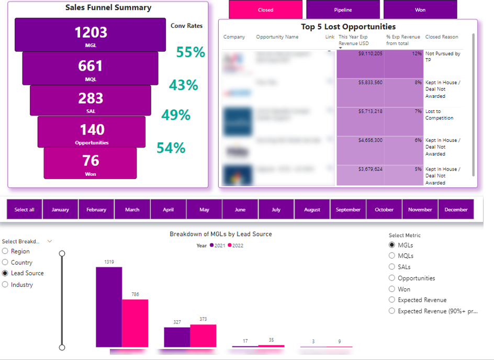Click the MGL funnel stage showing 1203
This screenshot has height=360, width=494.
pyautogui.click(x=91, y=35)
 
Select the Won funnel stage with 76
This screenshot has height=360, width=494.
pyautogui.click(x=90, y=163)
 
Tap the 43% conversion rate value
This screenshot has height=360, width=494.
pyautogui.click(x=183, y=85)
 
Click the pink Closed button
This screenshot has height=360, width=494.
pyautogui.click(x=265, y=10)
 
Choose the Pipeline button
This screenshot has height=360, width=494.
pyautogui.click(x=343, y=10)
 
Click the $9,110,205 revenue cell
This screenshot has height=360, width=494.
pyautogui.click(x=361, y=64)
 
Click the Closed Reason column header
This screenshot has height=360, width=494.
pyautogui.click(x=442, y=37)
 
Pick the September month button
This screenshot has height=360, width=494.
pyautogui.click(x=348, y=209)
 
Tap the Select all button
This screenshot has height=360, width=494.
pyautogui.click(x=24, y=209)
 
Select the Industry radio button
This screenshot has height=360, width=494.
pyautogui.click(x=5, y=285)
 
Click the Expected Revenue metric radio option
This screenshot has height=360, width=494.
pyautogui.click(x=392, y=300)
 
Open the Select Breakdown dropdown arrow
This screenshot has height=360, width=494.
pyautogui.click(x=50, y=241)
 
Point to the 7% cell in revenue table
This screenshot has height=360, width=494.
pyautogui.click(x=403, y=121)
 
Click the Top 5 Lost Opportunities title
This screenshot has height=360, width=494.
pyautogui.click(x=348, y=27)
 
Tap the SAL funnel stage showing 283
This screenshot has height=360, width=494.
pyautogui.click(x=90, y=100)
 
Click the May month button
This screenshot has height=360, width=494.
pyautogui.click(x=204, y=209)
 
